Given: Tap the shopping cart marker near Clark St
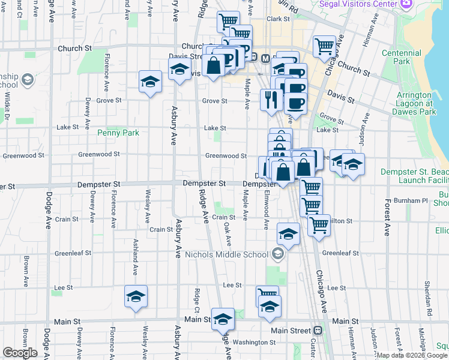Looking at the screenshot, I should click(228, 22).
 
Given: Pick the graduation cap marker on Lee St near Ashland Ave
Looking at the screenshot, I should click(136, 296).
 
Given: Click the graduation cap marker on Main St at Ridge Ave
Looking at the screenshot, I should click(223, 319).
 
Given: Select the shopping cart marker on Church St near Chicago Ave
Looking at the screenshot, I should click(324, 46).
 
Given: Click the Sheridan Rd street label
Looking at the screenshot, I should click(428, 306).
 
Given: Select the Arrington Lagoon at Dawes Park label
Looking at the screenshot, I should click(414, 103).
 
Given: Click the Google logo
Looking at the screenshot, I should click(20, 353).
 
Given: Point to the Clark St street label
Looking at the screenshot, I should click(279, 19).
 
